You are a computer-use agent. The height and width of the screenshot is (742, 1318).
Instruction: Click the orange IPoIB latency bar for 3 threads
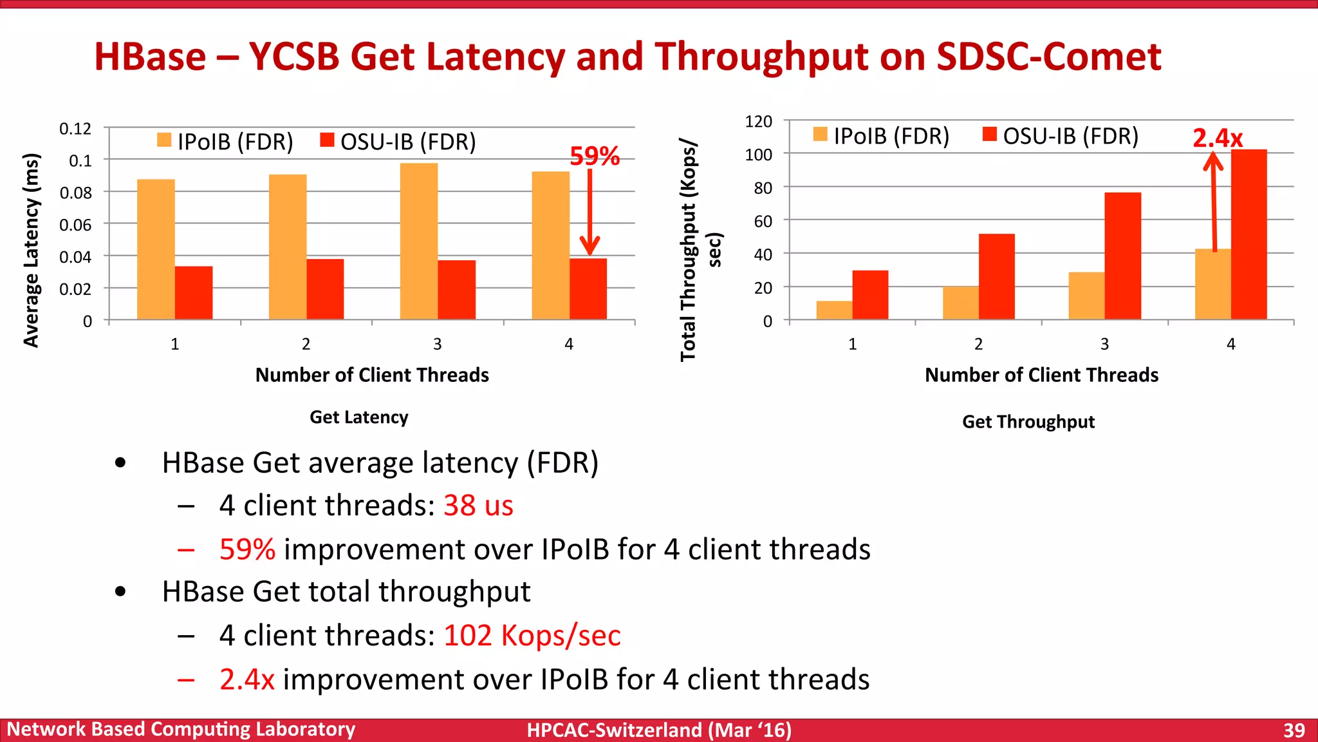pos(419,242)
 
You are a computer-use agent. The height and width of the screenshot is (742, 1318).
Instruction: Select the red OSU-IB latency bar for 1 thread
pos(194,292)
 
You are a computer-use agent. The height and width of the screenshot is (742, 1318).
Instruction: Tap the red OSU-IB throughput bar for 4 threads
pos(1248,234)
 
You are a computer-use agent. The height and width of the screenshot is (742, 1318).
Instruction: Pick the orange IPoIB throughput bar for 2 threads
pos(960,303)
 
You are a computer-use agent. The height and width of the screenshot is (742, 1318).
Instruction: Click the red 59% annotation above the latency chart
pos(595,156)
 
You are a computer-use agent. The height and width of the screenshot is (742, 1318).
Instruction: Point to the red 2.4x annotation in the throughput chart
pos(1217,138)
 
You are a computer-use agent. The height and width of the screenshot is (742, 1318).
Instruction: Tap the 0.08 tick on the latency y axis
pos(75,193)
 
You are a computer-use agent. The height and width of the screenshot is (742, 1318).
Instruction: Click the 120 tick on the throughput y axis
pos(758,122)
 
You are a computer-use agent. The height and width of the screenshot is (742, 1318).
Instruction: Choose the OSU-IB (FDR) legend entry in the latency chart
pos(399,141)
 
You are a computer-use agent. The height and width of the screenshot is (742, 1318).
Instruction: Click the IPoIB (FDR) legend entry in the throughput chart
pos(882,136)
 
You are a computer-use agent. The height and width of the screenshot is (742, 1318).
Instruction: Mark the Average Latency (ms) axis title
pos(31,251)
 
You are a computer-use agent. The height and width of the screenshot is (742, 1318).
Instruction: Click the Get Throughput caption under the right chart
pos(1028,422)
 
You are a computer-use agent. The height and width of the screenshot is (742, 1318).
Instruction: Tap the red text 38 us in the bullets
pos(478,506)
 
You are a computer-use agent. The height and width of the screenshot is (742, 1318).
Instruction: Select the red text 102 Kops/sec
pos(532,636)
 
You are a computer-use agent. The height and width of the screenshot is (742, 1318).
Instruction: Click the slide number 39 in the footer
pos(1294,730)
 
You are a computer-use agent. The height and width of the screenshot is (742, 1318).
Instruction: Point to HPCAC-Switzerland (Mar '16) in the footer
pos(659,730)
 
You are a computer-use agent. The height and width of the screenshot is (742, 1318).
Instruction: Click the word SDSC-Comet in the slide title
pos(1048,57)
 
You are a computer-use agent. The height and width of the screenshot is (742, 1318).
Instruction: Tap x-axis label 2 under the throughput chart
pos(978,344)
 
